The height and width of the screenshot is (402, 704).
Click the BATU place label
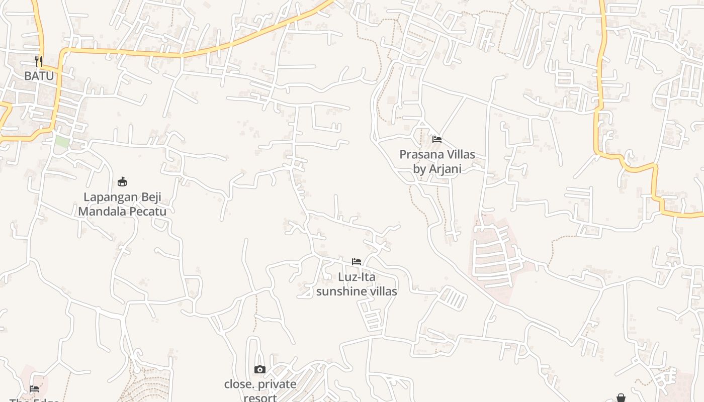coord(39,76)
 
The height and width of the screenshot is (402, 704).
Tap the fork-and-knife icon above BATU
coord(39,61)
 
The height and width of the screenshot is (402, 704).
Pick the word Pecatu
coord(148,211)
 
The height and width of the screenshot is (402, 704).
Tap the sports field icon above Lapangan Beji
coord(122,181)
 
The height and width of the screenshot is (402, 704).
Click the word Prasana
coord(420,154)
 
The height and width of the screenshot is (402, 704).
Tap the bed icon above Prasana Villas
coord(437,139)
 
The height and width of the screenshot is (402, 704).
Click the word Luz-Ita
coord(357,277)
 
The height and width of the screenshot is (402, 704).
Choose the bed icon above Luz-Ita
coord(357,262)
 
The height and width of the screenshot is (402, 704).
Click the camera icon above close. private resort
coord(259,370)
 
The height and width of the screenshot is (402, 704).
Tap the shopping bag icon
coord(621,398)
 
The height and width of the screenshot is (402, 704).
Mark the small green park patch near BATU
coord(62,142)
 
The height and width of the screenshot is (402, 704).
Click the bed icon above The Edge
coord(34,388)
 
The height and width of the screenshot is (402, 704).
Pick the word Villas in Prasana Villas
coord(459,154)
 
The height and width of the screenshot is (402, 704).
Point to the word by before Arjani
coord(419,169)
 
